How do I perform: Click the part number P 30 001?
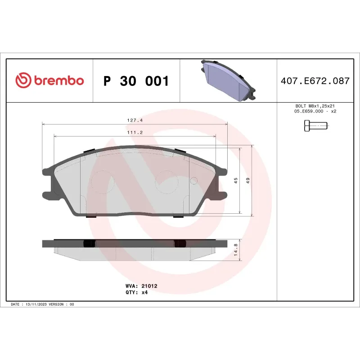(136, 81)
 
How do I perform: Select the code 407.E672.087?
(315, 81)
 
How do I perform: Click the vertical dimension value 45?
(235, 180)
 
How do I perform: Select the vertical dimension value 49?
(247, 180)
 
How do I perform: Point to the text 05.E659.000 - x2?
(315, 111)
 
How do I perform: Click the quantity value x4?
(145, 292)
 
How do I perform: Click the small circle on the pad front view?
(194, 181)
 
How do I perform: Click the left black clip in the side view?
(89, 243)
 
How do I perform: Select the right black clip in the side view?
(180, 243)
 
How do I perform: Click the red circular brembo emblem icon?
(23, 81)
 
